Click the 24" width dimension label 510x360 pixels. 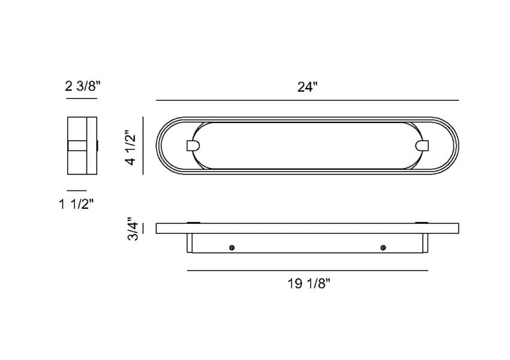pos(307,87)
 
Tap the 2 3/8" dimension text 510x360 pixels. pos(83,86)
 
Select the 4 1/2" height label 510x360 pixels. pos(131,148)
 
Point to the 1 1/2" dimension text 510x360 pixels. pos(76,204)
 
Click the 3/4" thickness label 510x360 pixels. pos(133,229)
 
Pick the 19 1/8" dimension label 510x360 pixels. pos(308,284)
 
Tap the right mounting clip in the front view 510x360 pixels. pos(423,146)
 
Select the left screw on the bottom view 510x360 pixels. pos(232,248)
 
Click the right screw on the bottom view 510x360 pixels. pos(383,248)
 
